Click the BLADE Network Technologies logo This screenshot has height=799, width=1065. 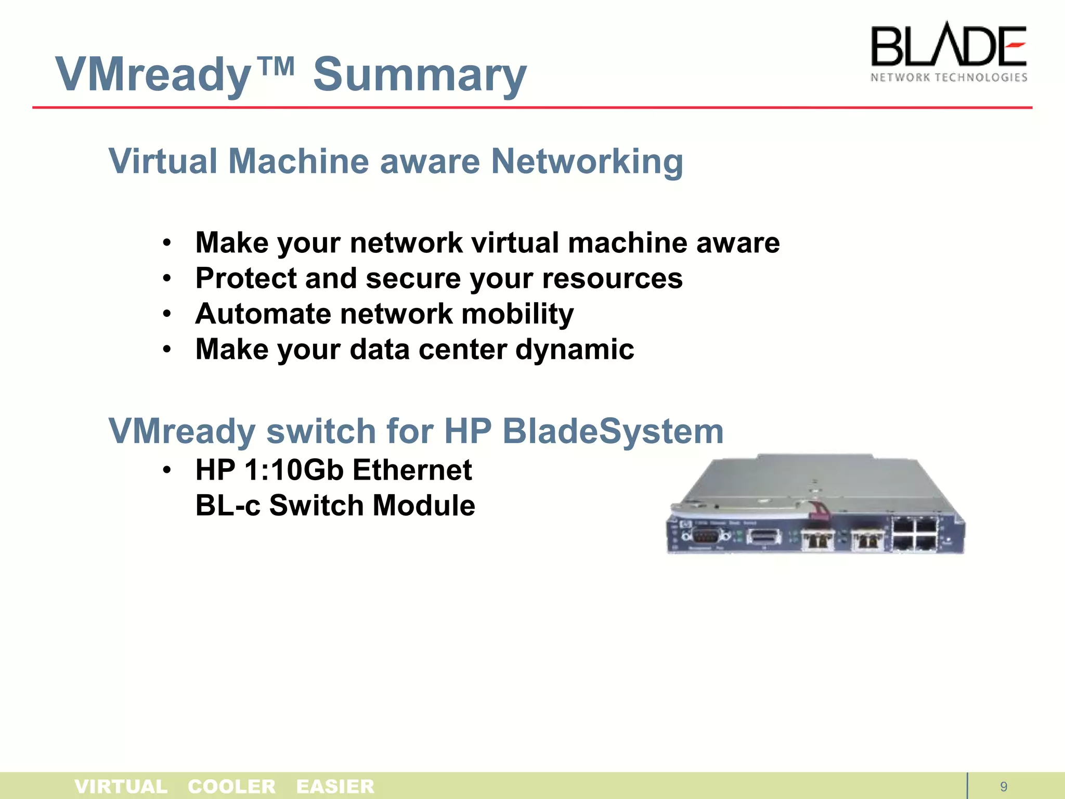[x=949, y=53]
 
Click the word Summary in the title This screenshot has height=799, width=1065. [x=420, y=74]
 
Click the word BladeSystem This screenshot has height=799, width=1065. [x=613, y=431]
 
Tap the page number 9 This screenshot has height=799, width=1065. [x=1004, y=787]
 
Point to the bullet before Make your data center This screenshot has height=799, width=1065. [x=166, y=350]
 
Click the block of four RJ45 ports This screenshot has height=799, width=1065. [x=915, y=534]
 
